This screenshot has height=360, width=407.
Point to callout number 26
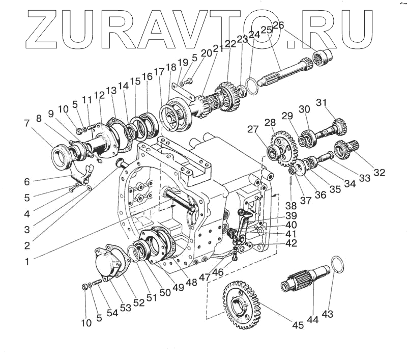click(x=278, y=25)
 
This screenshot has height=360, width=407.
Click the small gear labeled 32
click(x=344, y=149)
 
